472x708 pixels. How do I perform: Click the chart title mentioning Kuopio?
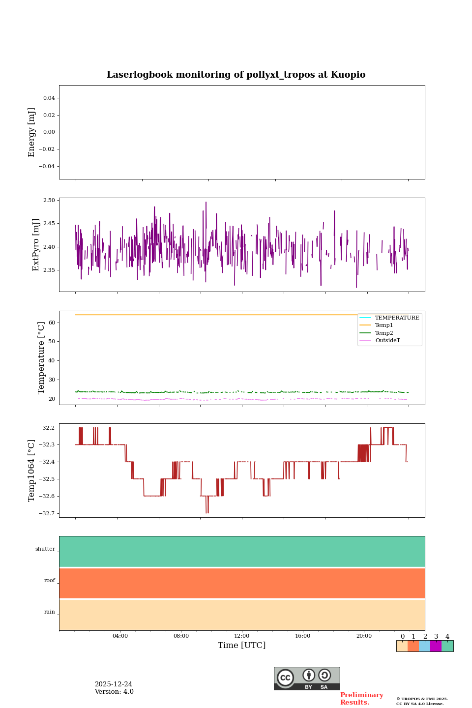tap(236, 75)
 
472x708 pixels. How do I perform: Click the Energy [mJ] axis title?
tap(32, 132)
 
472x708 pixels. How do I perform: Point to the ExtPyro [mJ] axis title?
tap(36, 245)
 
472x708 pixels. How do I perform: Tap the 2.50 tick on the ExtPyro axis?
tap(49, 200)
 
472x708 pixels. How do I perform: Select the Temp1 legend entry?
tap(384, 325)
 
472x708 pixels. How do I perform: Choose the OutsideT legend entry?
tap(387, 341)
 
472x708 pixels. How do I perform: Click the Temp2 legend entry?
tap(384, 333)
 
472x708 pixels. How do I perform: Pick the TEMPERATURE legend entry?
tap(397, 318)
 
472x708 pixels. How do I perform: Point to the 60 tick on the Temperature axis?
tap(52, 323)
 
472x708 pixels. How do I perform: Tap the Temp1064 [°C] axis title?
tap(32, 471)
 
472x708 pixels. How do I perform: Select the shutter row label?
tap(45, 549)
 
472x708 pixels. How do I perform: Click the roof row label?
tap(50, 581)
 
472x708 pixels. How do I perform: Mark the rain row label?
tap(50, 612)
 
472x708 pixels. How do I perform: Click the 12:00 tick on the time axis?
tap(242, 636)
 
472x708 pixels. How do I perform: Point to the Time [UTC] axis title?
tap(242, 646)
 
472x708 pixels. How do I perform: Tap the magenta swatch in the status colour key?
tap(436, 646)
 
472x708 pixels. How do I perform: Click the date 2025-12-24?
tap(114, 684)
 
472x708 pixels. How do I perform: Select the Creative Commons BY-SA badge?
tap(307, 678)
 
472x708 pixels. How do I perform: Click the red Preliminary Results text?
tap(361, 699)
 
